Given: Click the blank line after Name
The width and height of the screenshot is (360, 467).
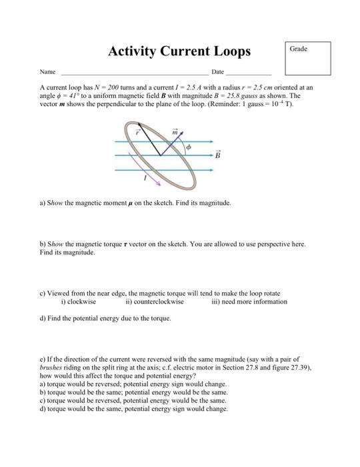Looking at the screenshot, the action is [134, 73].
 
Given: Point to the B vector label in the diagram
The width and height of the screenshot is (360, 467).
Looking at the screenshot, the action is [217, 155].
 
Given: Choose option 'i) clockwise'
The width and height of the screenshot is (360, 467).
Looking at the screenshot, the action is [78, 302].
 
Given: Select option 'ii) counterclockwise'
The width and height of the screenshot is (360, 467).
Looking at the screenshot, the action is [154, 302].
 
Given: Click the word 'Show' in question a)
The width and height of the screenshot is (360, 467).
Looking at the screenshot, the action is [55, 201].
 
